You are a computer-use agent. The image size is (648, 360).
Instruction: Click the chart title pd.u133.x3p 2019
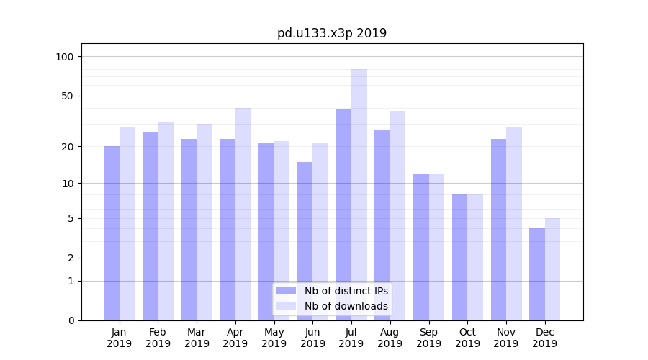click(x=331, y=33)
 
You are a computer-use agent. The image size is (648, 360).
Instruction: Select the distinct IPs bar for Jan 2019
click(x=112, y=233)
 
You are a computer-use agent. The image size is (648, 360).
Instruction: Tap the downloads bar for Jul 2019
click(x=359, y=194)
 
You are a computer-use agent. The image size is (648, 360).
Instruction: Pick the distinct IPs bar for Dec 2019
click(x=537, y=274)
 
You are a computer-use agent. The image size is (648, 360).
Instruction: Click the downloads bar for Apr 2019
click(x=243, y=214)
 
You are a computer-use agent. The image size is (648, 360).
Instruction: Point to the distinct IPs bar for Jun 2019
click(x=305, y=241)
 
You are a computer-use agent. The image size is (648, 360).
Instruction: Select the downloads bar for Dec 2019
click(x=552, y=269)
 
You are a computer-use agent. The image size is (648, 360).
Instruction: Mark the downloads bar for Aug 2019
click(x=397, y=215)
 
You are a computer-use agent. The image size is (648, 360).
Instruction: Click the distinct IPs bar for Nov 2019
click(x=498, y=230)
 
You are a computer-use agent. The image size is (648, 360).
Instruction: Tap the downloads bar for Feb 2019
click(x=166, y=221)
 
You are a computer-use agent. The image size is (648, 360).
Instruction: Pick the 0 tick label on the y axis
click(x=71, y=320)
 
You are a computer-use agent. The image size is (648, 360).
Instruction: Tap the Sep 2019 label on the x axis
click(x=428, y=338)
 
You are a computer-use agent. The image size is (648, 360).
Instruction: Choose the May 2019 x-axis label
click(x=274, y=338)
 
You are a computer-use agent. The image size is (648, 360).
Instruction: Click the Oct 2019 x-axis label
click(x=467, y=338)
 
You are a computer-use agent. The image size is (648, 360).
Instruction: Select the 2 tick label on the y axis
click(x=71, y=258)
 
